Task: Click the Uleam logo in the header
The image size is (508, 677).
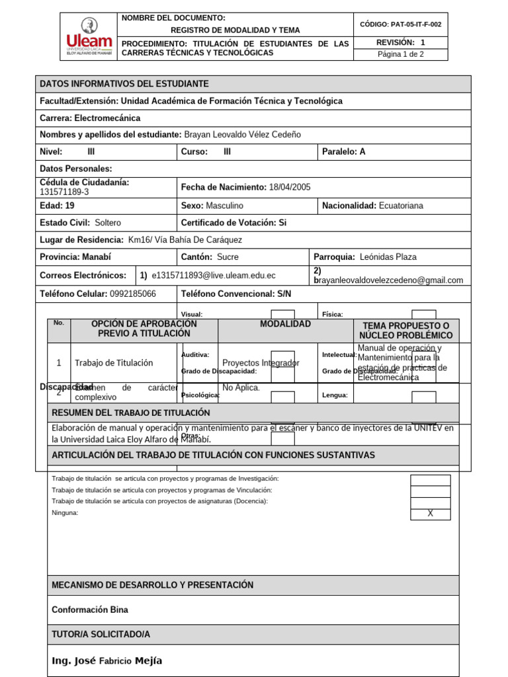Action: pos(88,36)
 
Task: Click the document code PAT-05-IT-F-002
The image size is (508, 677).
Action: pos(400,24)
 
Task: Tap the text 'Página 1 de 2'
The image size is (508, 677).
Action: pos(400,54)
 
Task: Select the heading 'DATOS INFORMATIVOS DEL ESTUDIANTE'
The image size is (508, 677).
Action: pos(124,84)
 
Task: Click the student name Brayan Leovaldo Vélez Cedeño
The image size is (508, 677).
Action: pos(242,134)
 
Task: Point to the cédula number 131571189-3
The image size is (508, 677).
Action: pos(64,192)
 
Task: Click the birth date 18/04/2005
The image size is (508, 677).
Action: pos(290,187)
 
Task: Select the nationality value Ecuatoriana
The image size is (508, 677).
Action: pos(401,206)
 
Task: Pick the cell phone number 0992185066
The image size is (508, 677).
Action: pos(133,294)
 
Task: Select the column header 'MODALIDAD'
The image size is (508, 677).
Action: pos(285,324)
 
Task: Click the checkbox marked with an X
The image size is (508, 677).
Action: pos(430,514)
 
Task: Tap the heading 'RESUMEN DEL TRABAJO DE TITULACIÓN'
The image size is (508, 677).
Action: pos(131,413)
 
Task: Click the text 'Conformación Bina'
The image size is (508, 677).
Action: pos(90,610)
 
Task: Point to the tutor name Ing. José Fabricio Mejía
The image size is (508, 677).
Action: pos(106,660)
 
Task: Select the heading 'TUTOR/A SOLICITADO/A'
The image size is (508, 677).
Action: pos(101,634)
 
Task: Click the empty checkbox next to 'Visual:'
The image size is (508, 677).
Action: pos(283,315)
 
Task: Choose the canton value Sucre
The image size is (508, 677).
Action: pos(228,257)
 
